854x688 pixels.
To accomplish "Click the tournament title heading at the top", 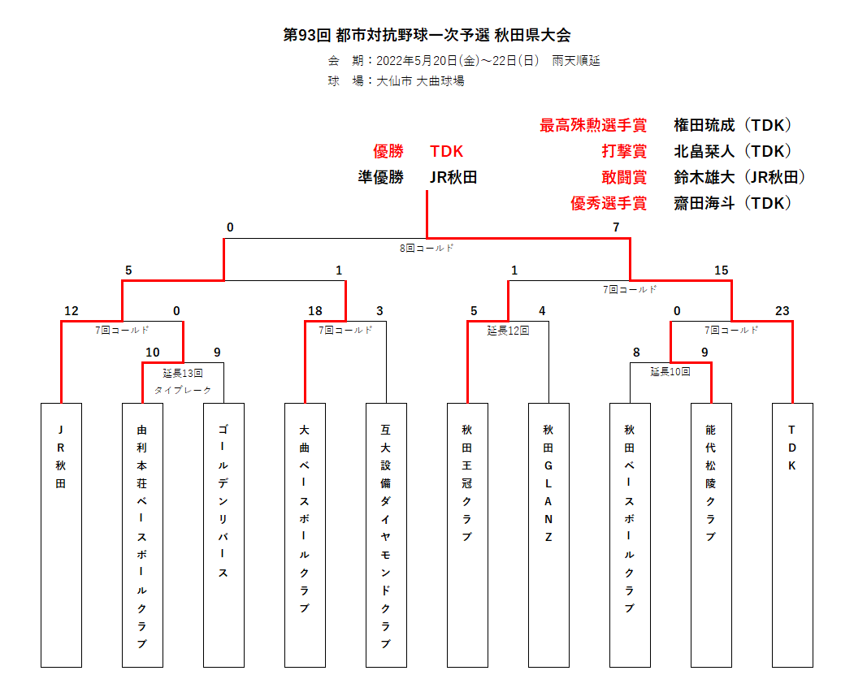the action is (427, 35).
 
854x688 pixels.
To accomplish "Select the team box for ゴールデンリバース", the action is (223, 535).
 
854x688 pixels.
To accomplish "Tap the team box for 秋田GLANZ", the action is (548, 535).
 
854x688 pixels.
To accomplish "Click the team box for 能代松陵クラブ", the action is (711, 535).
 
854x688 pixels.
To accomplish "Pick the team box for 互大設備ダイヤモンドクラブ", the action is (386, 535).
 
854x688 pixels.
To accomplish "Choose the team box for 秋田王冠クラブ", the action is (467, 535).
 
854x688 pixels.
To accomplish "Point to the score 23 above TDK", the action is (782, 311).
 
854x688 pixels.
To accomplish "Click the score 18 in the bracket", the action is (314, 311).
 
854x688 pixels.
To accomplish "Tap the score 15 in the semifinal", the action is (721, 270).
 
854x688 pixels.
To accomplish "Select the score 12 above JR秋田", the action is (72, 311).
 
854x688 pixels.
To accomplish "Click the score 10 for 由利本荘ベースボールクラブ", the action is (153, 353).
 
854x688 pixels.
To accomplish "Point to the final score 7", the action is (616, 227).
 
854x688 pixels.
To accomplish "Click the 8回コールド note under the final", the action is (427, 249).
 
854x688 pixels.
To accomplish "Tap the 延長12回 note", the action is (508, 331).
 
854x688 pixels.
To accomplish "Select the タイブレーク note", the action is (183, 390).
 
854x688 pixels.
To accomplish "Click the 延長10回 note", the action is (670, 372).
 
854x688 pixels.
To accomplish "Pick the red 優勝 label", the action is (388, 151).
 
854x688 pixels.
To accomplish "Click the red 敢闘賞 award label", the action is (624, 177).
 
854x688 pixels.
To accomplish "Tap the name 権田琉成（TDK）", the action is (733, 125).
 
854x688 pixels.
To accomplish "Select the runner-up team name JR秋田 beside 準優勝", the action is (453, 177).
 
